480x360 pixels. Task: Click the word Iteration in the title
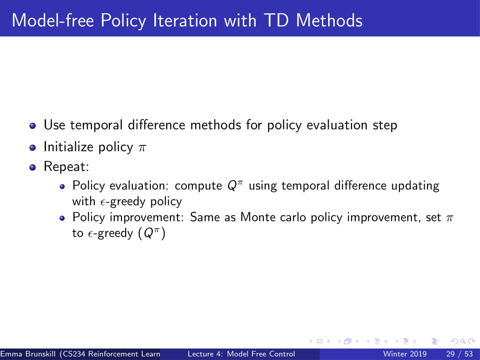tap(185, 20)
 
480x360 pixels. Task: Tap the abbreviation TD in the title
tap(276, 20)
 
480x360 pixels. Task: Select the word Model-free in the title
tap(53, 20)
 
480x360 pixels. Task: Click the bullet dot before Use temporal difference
tap(33, 126)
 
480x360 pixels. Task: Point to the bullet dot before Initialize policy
tap(33, 148)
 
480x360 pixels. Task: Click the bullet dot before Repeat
tap(33, 168)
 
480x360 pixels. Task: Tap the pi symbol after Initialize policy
tap(142, 148)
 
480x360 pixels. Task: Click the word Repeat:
tap(67, 167)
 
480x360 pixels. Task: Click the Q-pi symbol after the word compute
tap(235, 185)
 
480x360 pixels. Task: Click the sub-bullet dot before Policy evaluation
tap(62, 187)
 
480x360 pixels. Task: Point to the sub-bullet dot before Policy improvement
tap(62, 218)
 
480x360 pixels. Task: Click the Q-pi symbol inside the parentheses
tap(151, 233)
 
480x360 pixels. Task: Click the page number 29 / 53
tap(460, 354)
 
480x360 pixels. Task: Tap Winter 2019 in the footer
tap(405, 354)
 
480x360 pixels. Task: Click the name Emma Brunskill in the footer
tap(28, 354)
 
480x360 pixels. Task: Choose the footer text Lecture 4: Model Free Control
tap(241, 354)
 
